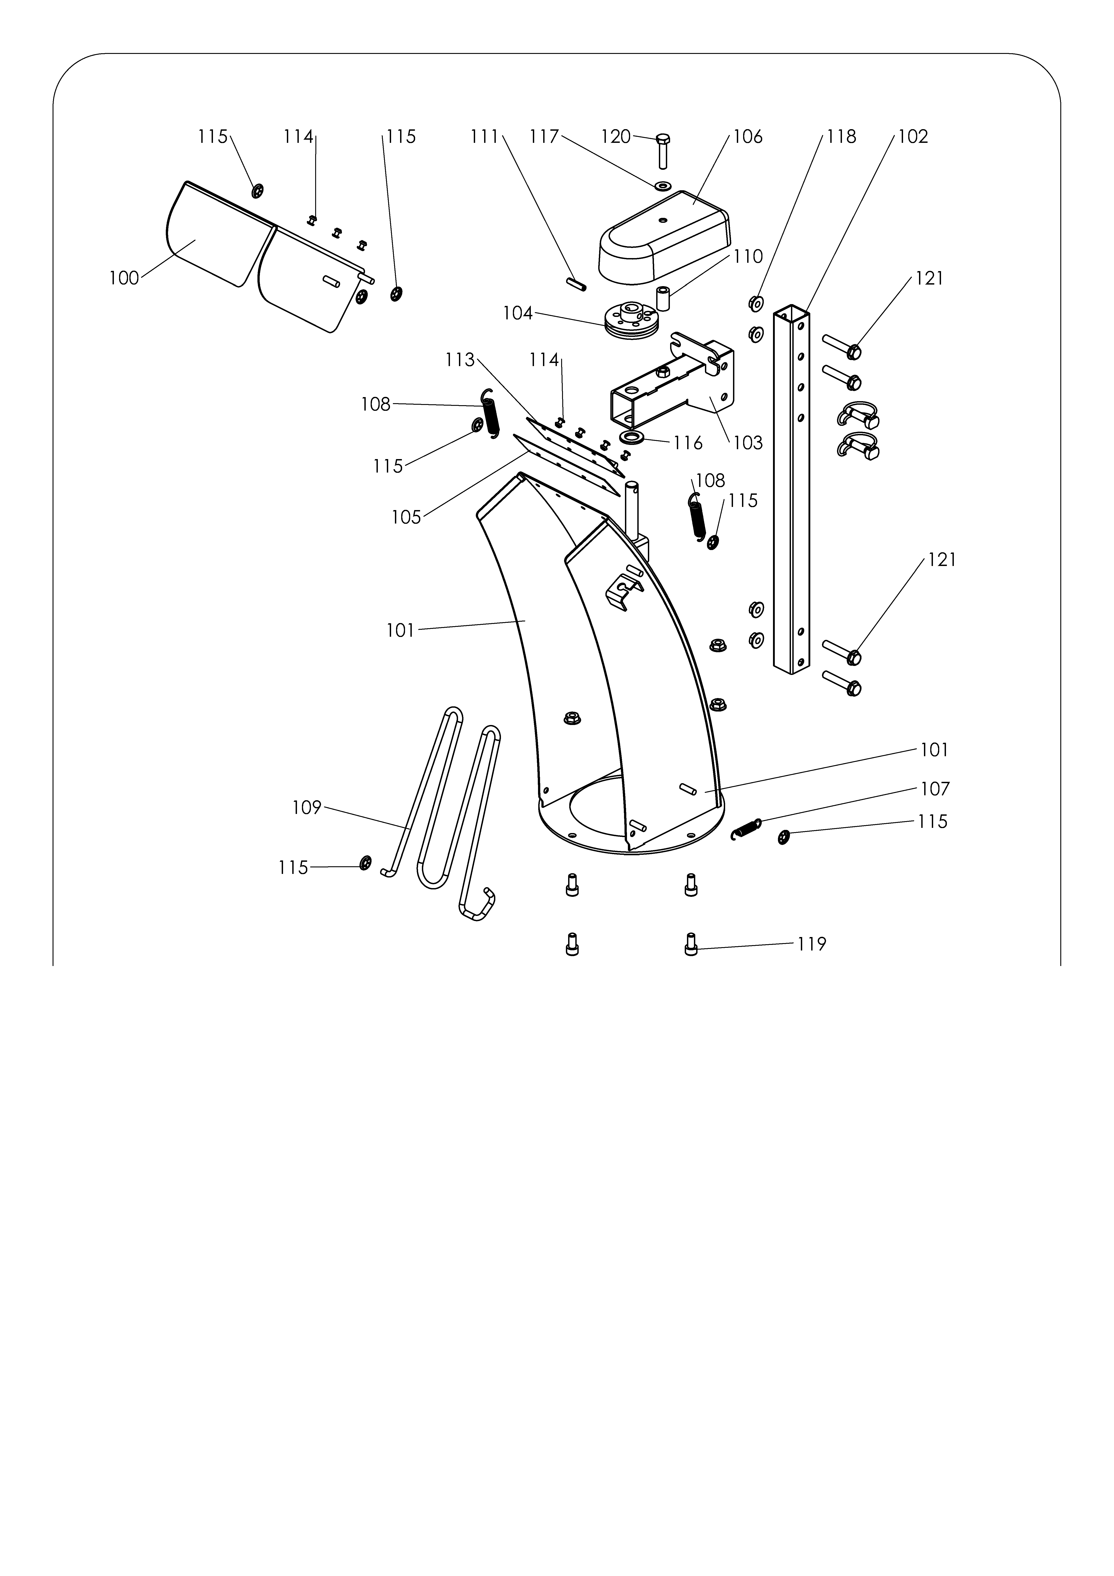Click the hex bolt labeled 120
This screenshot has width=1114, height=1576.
click(663, 151)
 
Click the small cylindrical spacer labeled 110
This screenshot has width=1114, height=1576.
click(664, 298)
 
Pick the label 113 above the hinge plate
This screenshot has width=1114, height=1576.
click(460, 360)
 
